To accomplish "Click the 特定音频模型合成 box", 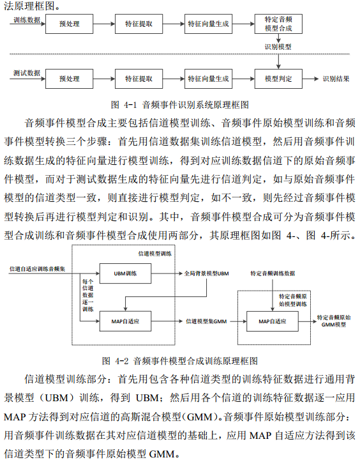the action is pyautogui.click(x=278, y=24).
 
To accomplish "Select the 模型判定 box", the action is pyautogui.click(x=278, y=79).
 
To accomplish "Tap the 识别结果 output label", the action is pyautogui.click(x=336, y=79).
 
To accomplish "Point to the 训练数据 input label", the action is pyautogui.click(x=27, y=20).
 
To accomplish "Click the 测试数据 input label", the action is pyautogui.click(x=27, y=73).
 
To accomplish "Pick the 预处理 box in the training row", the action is pyautogui.click(x=69, y=24).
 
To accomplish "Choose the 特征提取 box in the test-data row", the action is pyautogui.click(x=139, y=79).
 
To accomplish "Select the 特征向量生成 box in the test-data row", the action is pyautogui.click(x=208, y=79).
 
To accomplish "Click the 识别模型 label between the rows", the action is pyautogui.click(x=278, y=47).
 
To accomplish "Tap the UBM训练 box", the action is pyautogui.click(x=126, y=273).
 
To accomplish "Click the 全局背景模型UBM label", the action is pyautogui.click(x=206, y=273).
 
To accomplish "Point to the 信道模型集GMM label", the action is pyautogui.click(x=206, y=321).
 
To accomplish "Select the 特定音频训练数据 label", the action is pyautogui.click(x=273, y=273).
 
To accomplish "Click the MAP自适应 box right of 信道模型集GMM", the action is pyautogui.click(x=273, y=321).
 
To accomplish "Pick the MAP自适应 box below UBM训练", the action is pyautogui.click(x=126, y=321).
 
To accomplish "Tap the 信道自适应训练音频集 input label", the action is pyautogui.click(x=37, y=269).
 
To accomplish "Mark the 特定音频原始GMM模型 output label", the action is pyautogui.click(x=334, y=321).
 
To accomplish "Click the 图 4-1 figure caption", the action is pyautogui.click(x=180, y=105).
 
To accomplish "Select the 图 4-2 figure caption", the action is pyautogui.click(x=180, y=361).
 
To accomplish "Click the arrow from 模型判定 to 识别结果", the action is pyautogui.click(x=310, y=79).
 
